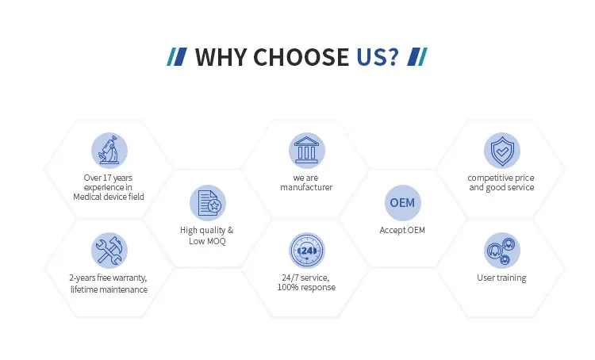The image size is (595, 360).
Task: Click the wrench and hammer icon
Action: click(x=109, y=251)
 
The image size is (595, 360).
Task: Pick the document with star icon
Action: click(x=207, y=202)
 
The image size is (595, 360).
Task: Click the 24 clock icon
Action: click(x=306, y=251)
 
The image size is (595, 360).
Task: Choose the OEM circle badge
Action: click(x=401, y=202)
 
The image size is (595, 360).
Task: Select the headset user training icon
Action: click(x=501, y=251)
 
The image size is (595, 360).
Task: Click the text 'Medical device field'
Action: click(x=109, y=197)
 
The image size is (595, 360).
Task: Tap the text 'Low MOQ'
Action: click(x=207, y=241)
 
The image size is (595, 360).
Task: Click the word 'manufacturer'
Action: click(x=306, y=188)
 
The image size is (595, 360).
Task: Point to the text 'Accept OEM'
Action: click(x=401, y=230)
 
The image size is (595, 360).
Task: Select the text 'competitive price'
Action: click(x=501, y=178)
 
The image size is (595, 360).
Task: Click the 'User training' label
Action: click(x=501, y=278)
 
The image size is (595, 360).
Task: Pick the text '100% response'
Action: click(x=306, y=287)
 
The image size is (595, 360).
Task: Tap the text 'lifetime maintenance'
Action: click(x=109, y=289)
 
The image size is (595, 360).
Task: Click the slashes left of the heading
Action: click(x=178, y=57)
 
